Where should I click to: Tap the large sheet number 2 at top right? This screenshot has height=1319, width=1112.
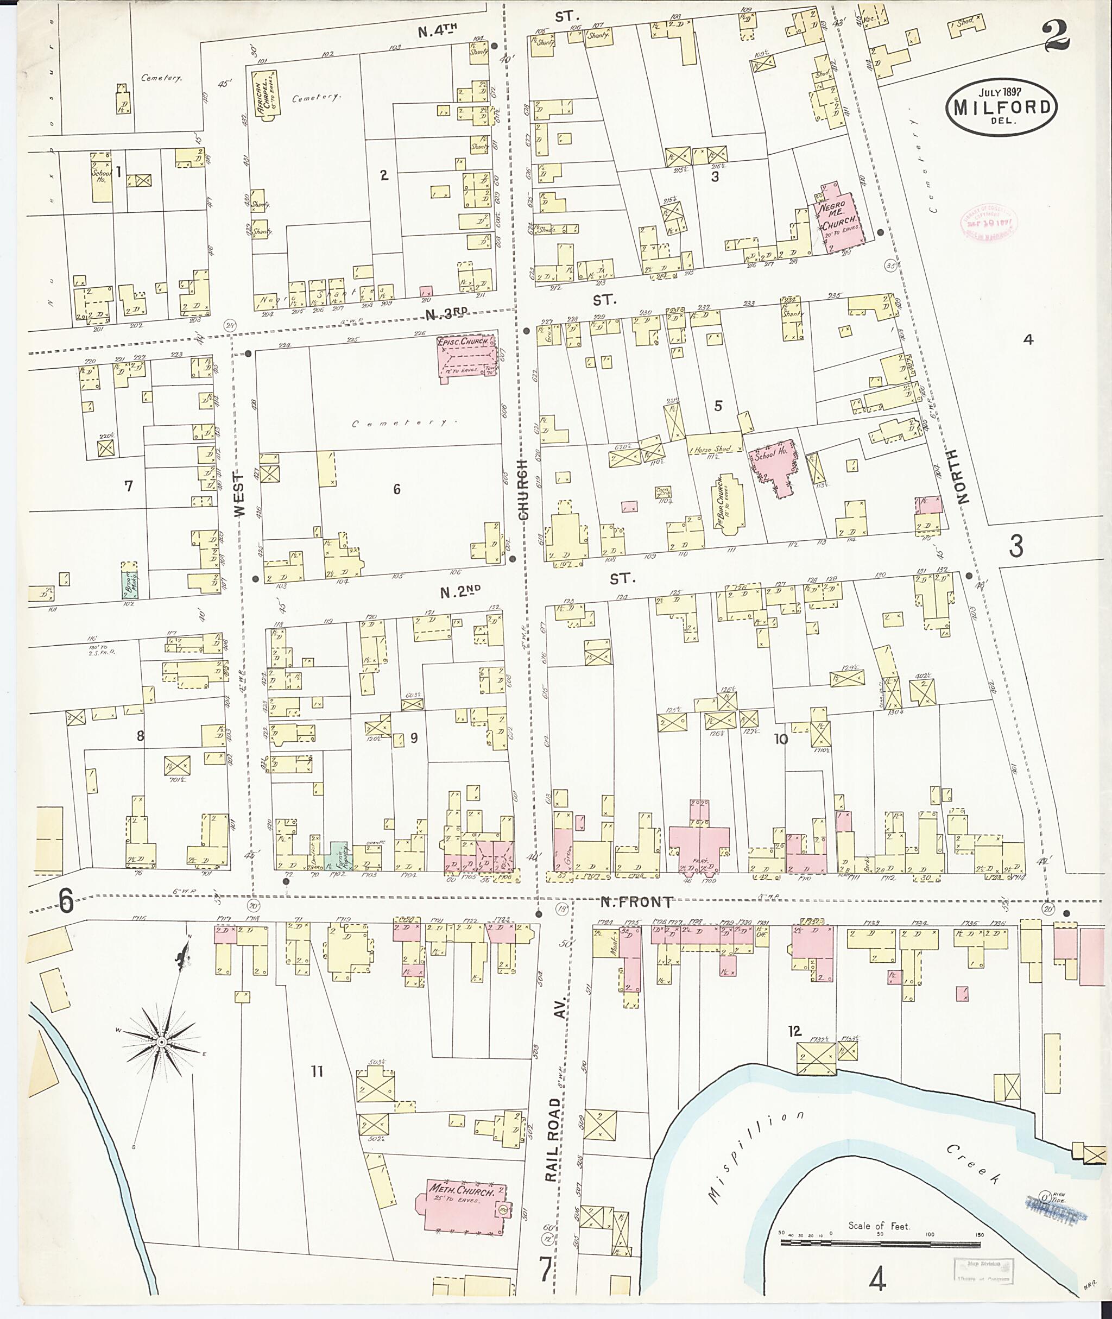[1057, 36]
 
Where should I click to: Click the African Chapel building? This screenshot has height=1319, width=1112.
[266, 94]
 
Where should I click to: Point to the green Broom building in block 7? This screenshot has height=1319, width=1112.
[129, 580]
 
